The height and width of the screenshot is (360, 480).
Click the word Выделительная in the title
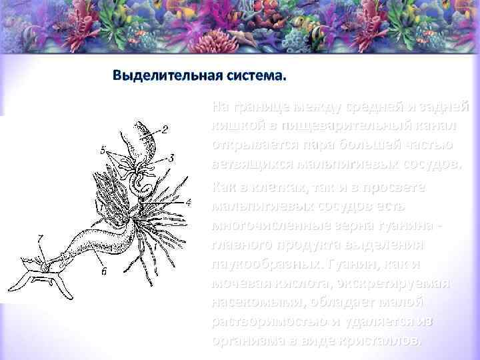click(x=159, y=74)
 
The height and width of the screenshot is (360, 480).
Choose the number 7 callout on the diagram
click(x=41, y=238)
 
